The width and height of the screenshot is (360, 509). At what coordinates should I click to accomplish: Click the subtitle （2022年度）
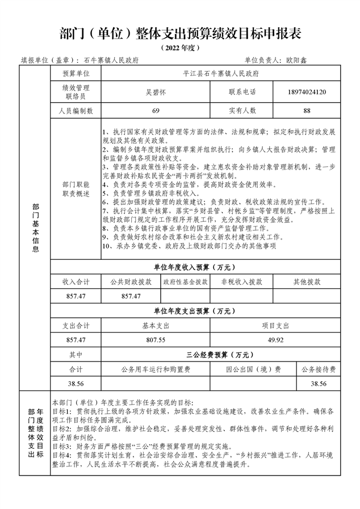click(x=180, y=48)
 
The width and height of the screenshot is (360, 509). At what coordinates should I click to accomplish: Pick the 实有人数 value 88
click(x=307, y=110)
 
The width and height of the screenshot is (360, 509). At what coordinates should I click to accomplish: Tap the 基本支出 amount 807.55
click(x=156, y=339)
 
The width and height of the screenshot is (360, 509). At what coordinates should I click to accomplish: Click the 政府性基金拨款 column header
click(x=185, y=281)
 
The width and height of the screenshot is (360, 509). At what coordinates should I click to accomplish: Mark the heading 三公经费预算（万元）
click(x=220, y=355)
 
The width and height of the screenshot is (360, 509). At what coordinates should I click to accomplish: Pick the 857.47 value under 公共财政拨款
click(x=131, y=296)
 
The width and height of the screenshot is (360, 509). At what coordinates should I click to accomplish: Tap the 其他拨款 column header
click(x=307, y=281)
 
